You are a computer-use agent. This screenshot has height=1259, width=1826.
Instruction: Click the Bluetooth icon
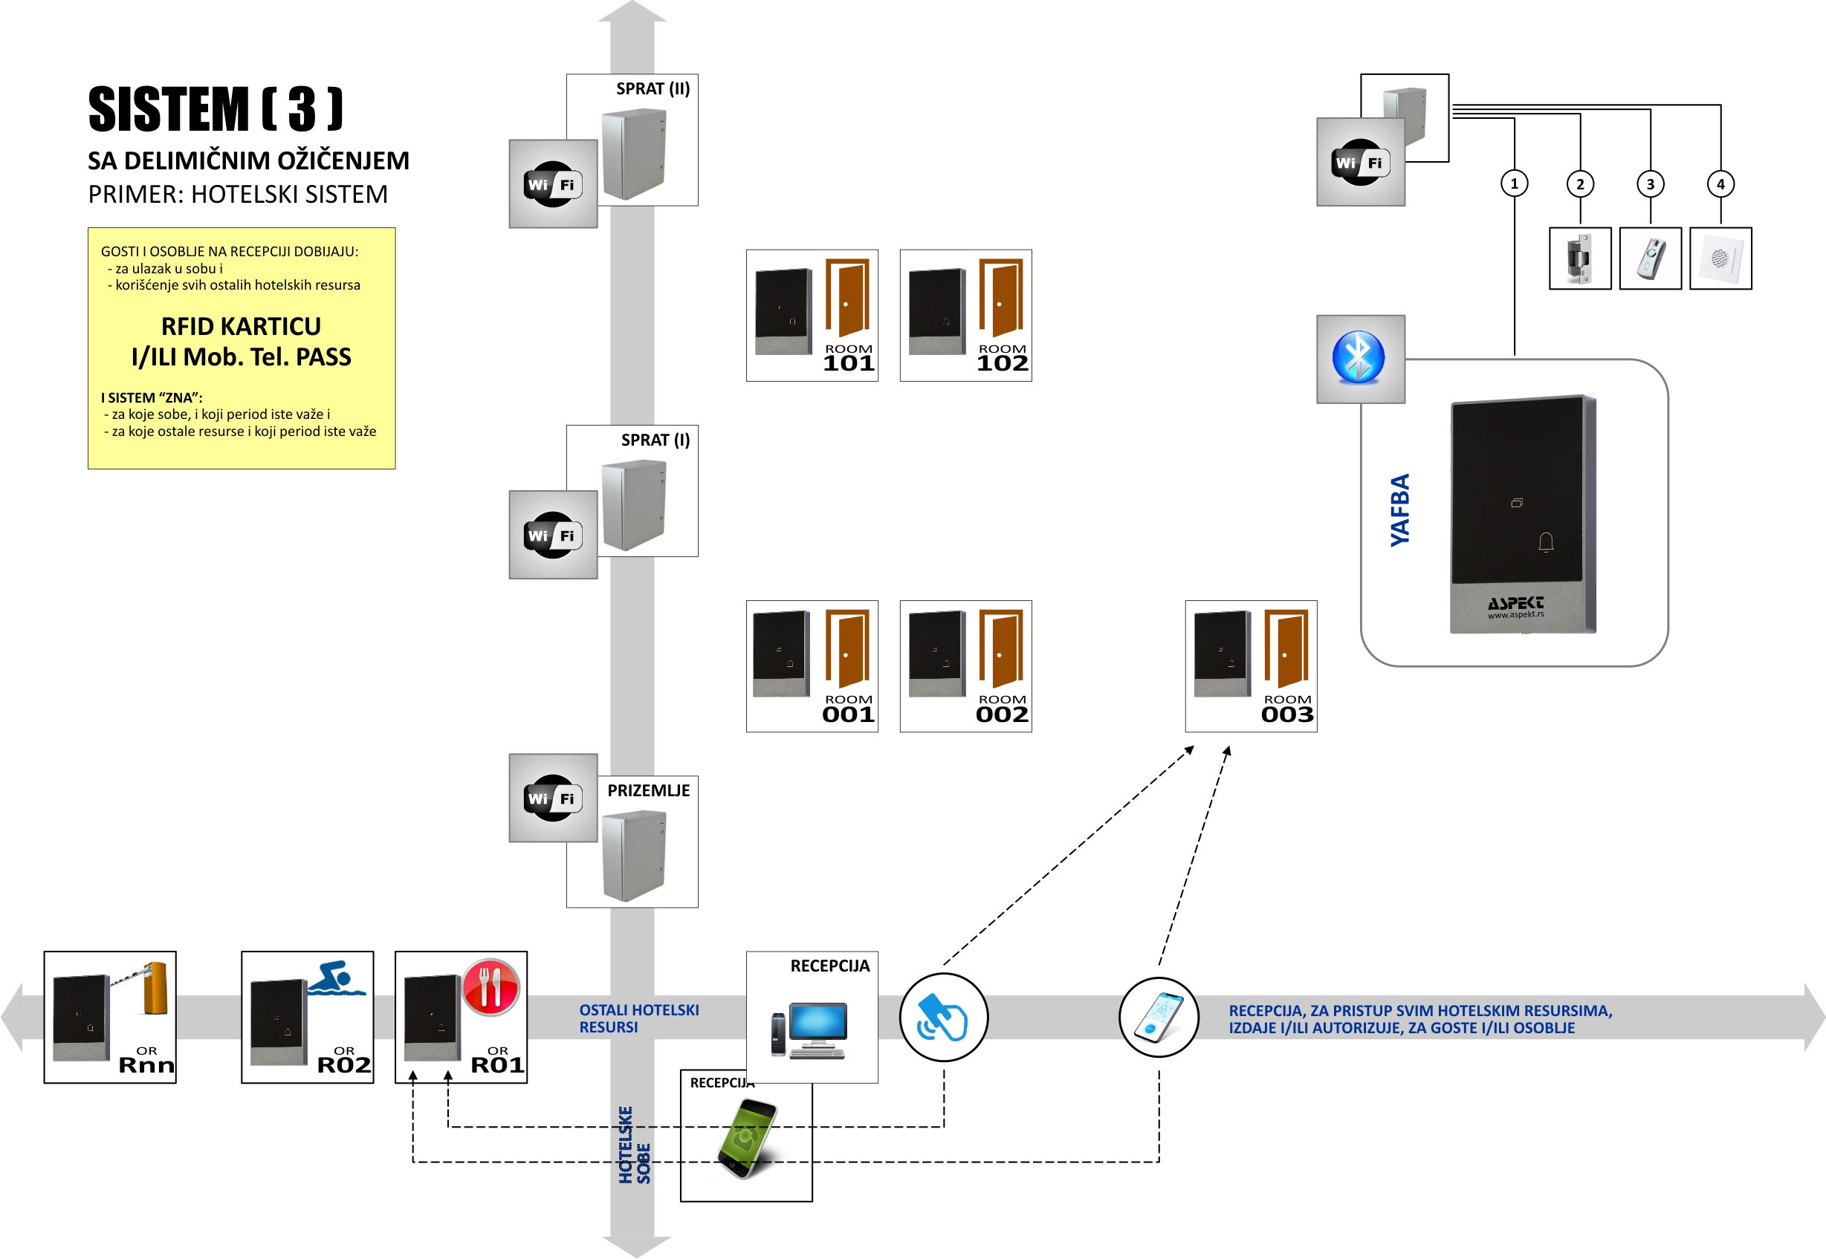click(1358, 357)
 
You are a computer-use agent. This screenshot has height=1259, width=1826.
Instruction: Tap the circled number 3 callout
click(1649, 183)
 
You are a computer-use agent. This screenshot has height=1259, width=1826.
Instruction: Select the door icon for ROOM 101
click(846, 298)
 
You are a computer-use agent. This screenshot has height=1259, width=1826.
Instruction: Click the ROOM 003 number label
click(1286, 714)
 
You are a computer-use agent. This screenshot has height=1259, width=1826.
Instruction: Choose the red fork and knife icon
click(490, 986)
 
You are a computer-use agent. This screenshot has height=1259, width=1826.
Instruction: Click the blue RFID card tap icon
click(943, 1017)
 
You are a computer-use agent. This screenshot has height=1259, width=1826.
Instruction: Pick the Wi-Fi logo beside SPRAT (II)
click(552, 183)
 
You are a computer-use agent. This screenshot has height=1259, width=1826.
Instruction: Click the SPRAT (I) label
click(655, 440)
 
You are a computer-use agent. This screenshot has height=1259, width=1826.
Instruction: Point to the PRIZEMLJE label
click(648, 790)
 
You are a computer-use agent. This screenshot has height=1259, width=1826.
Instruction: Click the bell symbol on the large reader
click(1545, 542)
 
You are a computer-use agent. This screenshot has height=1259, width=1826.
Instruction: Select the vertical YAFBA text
click(1399, 510)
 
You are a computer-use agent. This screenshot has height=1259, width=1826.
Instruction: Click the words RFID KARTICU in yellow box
click(241, 326)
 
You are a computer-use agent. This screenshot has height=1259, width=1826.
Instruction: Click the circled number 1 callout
click(1514, 183)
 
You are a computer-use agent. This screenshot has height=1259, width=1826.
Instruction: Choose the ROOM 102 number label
click(1001, 363)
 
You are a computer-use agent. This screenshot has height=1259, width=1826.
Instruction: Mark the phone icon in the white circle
click(1159, 1017)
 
